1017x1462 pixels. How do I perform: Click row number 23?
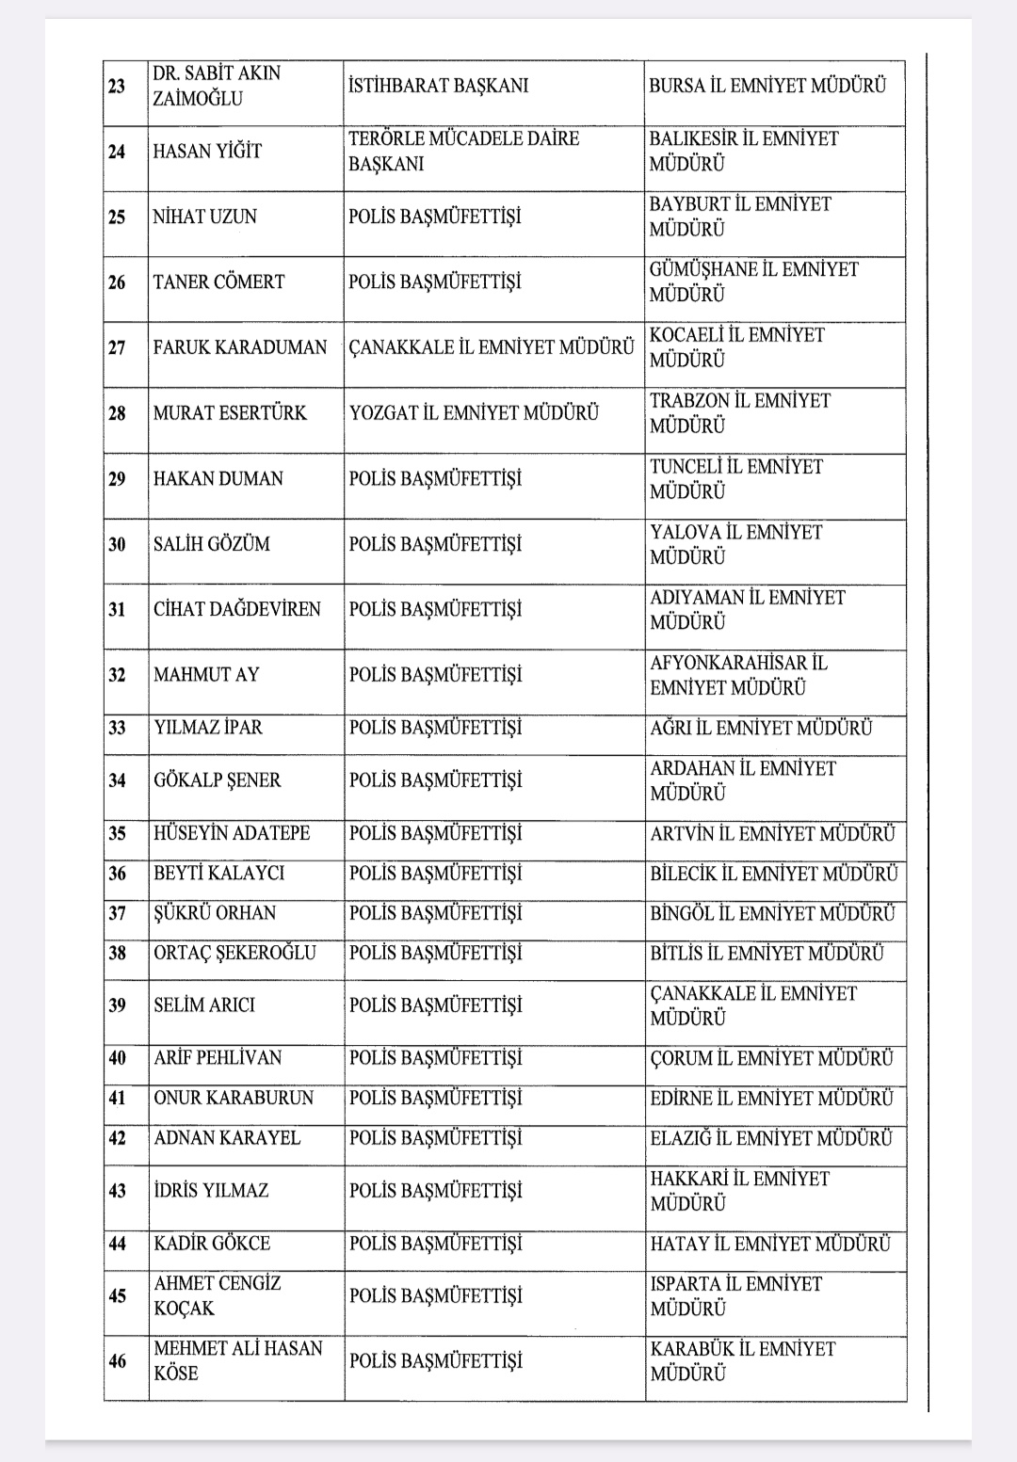coord(117,87)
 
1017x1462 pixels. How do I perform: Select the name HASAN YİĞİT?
coord(208,151)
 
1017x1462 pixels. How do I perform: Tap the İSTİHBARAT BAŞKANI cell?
coord(439,86)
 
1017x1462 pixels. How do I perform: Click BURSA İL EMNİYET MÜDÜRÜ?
coord(767,86)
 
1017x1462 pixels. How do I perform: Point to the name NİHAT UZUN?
coord(205,217)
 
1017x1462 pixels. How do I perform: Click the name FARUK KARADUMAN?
coord(240,347)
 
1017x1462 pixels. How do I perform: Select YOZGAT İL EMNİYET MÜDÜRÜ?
coord(474,412)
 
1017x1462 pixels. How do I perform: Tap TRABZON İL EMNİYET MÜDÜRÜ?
coord(740,412)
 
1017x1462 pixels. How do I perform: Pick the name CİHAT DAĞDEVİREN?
coord(237,609)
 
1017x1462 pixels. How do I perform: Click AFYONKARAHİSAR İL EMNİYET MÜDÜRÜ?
coord(738,675)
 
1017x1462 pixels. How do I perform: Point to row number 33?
coord(117,728)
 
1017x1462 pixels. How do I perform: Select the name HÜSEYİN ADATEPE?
coord(232,833)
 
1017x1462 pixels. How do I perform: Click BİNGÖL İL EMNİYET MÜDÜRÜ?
coord(772,913)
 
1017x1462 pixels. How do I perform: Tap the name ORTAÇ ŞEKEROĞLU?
coord(235,953)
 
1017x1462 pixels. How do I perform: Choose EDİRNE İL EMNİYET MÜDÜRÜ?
coord(771,1098)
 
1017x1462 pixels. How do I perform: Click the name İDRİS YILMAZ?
coord(211,1190)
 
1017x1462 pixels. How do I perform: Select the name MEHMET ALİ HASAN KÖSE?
coord(238,1360)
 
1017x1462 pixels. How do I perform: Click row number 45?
coord(117,1296)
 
